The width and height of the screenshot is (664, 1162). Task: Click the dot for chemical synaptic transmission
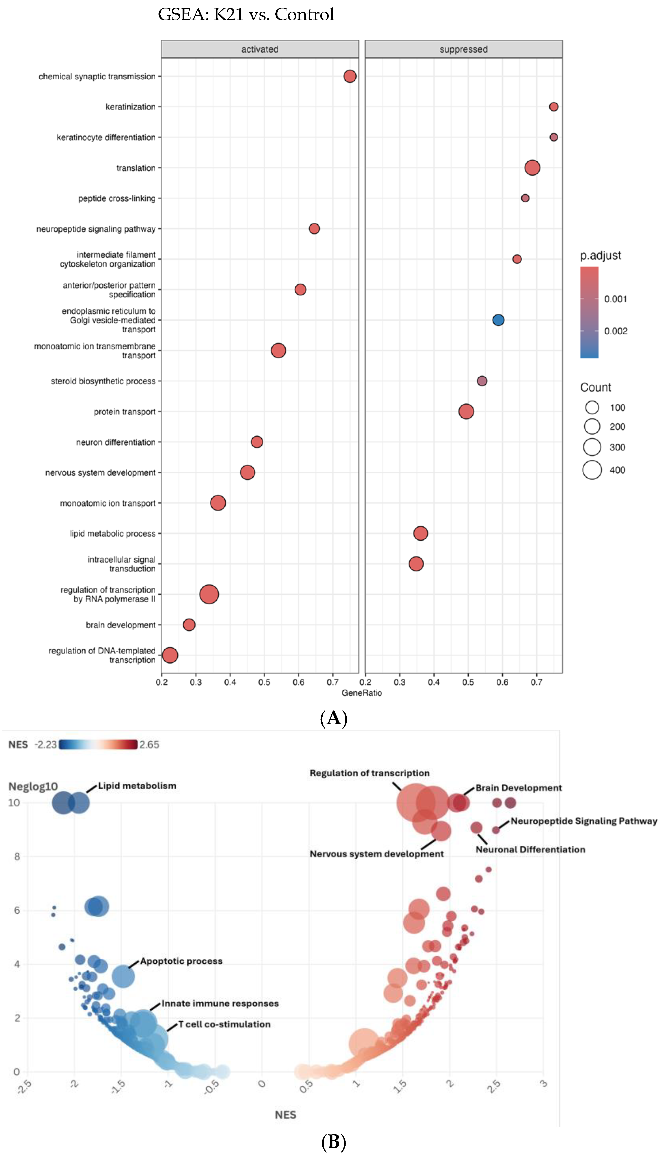tap(350, 76)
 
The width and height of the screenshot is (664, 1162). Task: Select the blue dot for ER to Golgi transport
tap(498, 320)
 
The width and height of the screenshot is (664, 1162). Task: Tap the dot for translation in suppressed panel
tap(532, 167)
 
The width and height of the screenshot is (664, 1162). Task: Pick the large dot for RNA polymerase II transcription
tap(209, 594)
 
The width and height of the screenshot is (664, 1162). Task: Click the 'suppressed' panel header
tap(463, 49)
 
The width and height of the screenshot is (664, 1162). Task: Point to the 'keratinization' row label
tap(131, 107)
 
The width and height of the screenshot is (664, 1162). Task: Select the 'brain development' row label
tap(121, 625)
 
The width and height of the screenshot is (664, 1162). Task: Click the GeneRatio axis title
tap(362, 693)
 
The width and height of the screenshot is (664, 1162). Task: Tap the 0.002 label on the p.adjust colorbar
tap(616, 331)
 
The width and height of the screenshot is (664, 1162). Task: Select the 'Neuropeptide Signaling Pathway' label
tap(584, 821)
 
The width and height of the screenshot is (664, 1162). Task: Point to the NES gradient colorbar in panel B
tap(98, 744)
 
